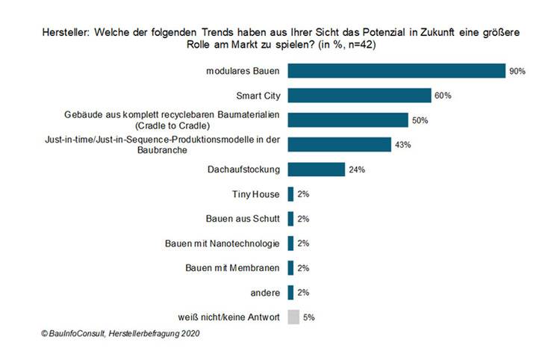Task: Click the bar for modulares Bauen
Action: point(396,71)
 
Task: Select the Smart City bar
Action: point(359,96)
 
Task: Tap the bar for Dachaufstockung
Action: point(316,170)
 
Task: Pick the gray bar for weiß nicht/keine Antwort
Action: point(293,317)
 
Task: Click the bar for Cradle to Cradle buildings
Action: point(348,120)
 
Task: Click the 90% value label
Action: point(518,71)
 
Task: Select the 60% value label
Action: point(444,96)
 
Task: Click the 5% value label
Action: point(308,317)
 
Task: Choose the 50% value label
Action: point(420,120)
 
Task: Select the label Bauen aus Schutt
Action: point(243,219)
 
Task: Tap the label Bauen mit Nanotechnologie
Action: point(223,243)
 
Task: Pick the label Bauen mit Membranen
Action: point(232,267)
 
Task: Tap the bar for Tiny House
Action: point(290,194)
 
